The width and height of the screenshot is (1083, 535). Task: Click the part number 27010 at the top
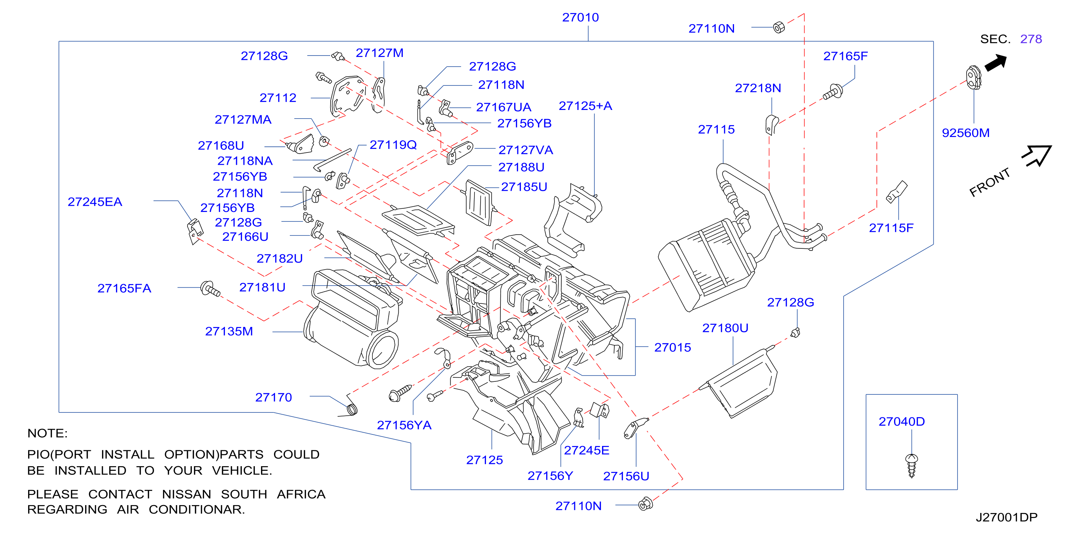580,18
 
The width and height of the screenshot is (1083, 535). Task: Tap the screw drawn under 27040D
911,465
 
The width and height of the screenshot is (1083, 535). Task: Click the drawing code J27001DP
1006,517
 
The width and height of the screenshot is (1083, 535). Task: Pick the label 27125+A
585,106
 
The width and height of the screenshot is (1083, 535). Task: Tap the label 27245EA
95,202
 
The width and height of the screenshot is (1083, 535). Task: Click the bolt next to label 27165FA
210,289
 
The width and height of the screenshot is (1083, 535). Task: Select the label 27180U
725,328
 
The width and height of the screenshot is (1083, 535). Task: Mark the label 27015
672,347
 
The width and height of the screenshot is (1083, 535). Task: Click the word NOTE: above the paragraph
47,433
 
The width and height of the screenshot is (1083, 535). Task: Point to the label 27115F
891,228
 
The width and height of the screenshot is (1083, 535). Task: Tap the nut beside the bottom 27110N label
645,504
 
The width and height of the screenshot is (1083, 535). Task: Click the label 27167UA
503,107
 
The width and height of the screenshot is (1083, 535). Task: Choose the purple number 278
1031,39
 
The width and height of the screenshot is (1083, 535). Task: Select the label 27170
273,397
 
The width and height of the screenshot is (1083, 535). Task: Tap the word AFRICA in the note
301,494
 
